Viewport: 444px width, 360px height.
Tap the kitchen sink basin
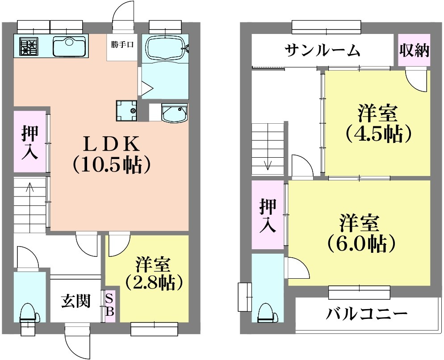tap(69, 46)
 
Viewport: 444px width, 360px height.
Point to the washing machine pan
tap(126, 110)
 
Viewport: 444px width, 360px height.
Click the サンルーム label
tap(323, 50)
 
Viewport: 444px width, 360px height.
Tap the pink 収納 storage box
tap(414, 50)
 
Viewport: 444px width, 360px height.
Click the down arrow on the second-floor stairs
tap(268, 161)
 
